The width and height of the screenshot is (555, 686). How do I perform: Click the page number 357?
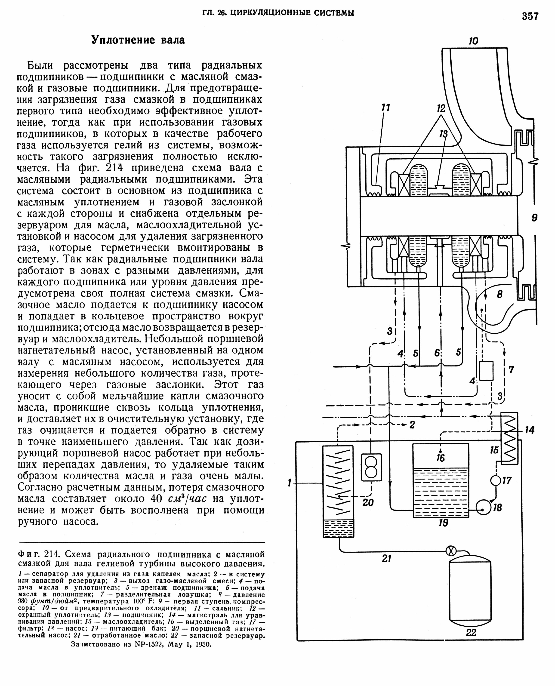pyautogui.click(x=530, y=16)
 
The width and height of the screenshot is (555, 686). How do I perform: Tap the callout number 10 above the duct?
pyautogui.click(x=473, y=41)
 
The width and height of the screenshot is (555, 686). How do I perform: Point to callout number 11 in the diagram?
pyautogui.click(x=386, y=108)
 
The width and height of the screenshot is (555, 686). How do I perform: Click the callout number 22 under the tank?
pyautogui.click(x=471, y=632)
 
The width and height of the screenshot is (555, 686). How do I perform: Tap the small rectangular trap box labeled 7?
pyautogui.click(x=486, y=371)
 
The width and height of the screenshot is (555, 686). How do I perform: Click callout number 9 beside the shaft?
pyautogui.click(x=535, y=218)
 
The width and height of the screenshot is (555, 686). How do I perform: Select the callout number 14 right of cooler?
pyautogui.click(x=529, y=430)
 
